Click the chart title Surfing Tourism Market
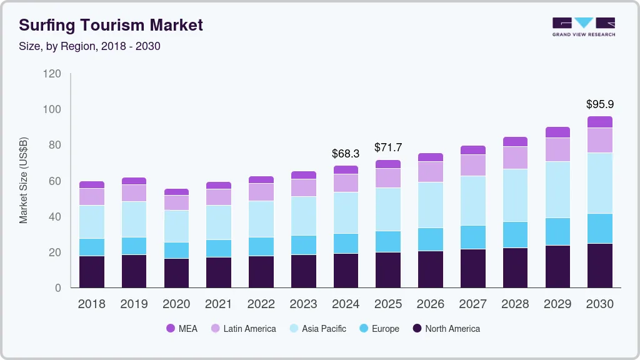(x=111, y=25)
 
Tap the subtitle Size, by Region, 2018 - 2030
(x=89, y=46)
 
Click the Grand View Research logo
(x=583, y=26)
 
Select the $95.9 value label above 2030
(x=600, y=104)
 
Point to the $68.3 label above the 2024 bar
(x=345, y=153)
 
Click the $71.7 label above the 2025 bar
(x=387, y=147)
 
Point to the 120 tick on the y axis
(x=52, y=74)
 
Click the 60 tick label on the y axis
(x=55, y=181)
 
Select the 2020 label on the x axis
(x=176, y=304)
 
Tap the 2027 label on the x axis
(x=472, y=304)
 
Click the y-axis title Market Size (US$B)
(x=24, y=181)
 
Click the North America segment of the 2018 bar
(x=91, y=272)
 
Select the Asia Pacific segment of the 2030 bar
(x=600, y=183)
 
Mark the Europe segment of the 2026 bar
(x=430, y=239)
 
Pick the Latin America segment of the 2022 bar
(x=261, y=192)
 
